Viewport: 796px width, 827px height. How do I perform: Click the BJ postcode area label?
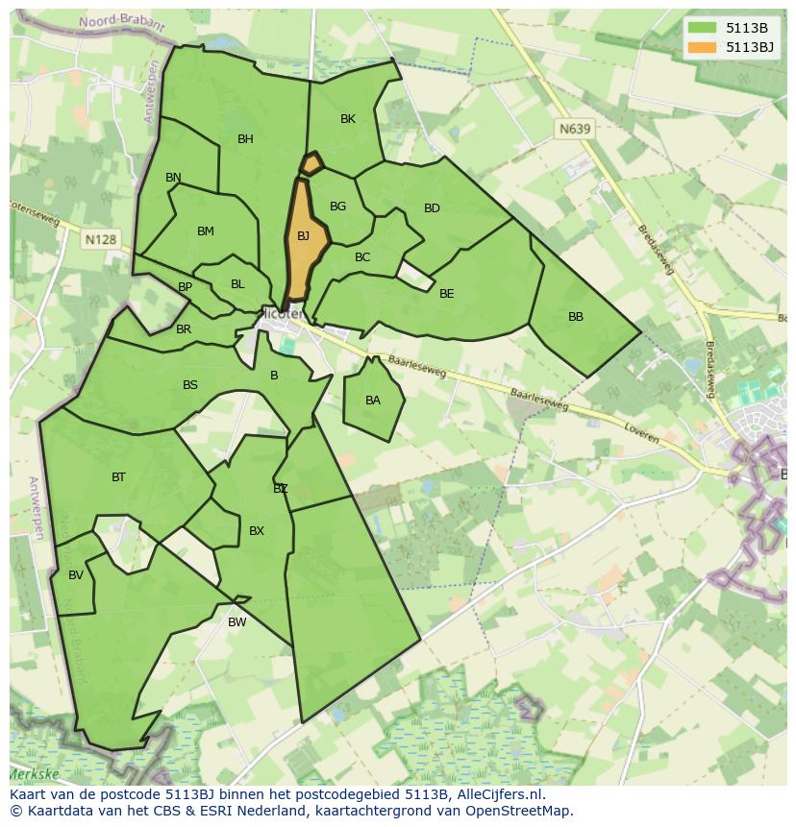303,236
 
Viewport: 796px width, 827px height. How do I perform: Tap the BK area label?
348,119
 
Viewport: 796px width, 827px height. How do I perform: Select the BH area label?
245,139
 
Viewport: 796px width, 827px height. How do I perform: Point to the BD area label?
432,208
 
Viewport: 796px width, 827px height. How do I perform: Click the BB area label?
576,317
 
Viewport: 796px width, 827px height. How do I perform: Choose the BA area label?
373,401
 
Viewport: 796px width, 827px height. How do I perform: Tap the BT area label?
118,477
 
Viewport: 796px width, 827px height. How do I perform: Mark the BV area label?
76,575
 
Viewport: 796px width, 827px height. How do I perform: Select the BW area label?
236,622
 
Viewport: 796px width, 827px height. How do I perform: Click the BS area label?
190,385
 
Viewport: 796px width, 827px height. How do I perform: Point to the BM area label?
205,231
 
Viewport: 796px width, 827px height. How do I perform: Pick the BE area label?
446,294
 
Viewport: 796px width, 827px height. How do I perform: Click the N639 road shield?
575,128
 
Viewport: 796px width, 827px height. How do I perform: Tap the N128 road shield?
100,239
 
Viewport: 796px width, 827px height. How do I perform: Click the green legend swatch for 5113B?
703,28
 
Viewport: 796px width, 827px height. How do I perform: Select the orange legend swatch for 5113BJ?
703,47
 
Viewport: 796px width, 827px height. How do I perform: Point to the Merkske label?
34,773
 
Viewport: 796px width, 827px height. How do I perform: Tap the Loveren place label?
641,432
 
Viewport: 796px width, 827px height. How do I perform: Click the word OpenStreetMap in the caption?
518,811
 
